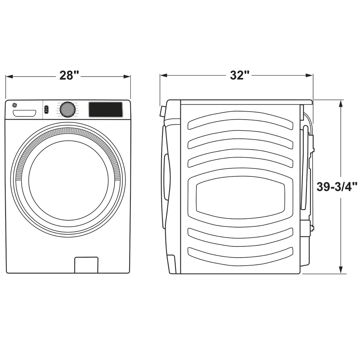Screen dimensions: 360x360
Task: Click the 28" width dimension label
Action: [69, 75]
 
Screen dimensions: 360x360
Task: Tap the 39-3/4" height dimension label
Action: [337, 187]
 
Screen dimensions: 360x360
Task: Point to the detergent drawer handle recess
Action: [24, 113]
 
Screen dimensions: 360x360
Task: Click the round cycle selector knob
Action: [68, 109]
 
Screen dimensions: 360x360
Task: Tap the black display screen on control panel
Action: [106, 110]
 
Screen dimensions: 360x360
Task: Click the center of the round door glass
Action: [68, 180]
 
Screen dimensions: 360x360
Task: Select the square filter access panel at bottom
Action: [86, 265]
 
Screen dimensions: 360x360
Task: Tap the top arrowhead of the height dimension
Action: [341, 103]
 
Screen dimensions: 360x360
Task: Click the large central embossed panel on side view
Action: [240, 198]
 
